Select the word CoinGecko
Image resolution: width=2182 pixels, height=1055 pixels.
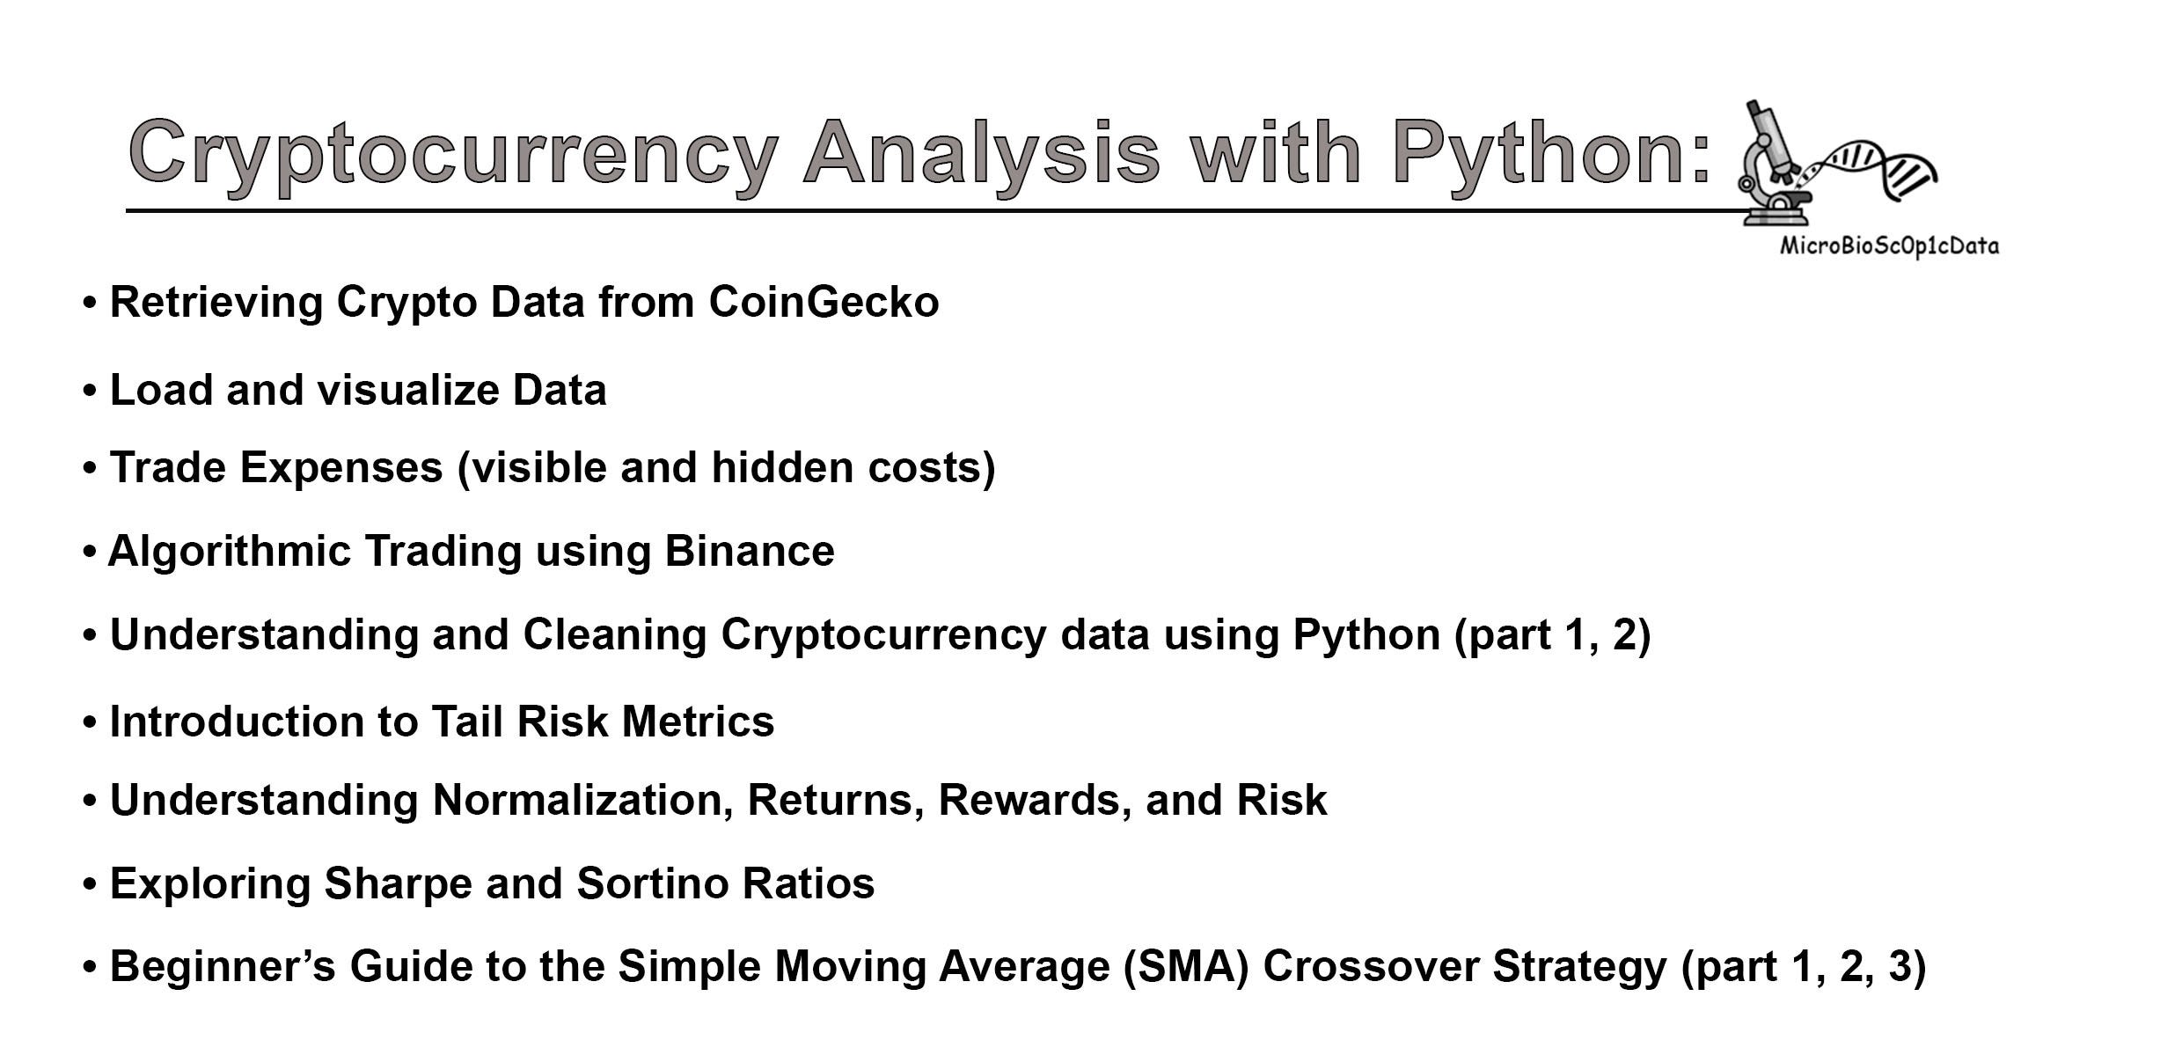(x=824, y=303)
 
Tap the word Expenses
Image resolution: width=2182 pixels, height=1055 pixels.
(x=341, y=467)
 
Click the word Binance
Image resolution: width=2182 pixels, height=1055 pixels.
(x=749, y=552)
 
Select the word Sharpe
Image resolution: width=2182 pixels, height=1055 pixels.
(x=398, y=883)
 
